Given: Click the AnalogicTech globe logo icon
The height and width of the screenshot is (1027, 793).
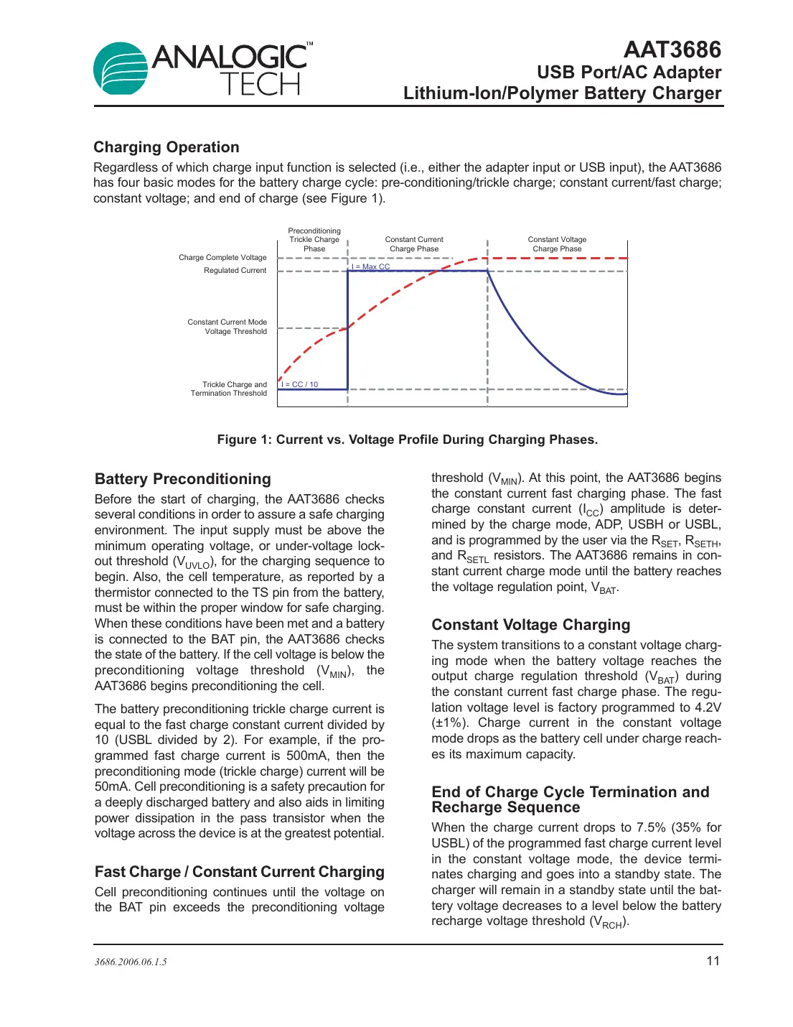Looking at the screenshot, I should [121, 68].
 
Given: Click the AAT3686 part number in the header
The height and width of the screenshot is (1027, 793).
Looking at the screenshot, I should [672, 50].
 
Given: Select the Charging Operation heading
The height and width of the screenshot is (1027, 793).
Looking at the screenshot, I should [166, 147].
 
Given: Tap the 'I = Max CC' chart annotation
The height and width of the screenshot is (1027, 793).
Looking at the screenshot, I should [371, 266].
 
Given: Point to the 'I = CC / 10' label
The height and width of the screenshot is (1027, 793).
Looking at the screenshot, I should [300, 384].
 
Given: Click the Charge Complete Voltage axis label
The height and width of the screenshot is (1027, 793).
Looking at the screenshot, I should [222, 257].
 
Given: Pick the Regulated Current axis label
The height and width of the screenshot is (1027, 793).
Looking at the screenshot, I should [235, 271].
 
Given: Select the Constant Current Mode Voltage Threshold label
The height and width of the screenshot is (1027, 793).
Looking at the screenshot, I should [227, 327].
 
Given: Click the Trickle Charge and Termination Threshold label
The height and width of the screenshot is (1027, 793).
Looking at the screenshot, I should [229, 389].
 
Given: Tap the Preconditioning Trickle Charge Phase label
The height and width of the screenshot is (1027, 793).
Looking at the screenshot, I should [314, 240].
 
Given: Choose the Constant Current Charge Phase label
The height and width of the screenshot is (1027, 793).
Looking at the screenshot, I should [414, 244].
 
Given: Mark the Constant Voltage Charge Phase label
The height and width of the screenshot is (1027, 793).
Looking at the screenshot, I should [557, 244].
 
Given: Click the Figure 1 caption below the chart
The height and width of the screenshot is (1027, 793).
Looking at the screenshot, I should [407, 440].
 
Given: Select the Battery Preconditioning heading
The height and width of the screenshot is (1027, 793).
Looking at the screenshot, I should [183, 479].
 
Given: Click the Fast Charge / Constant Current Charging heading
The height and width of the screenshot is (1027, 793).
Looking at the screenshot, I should [240, 872].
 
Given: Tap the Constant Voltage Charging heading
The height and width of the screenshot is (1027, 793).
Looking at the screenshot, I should [531, 625].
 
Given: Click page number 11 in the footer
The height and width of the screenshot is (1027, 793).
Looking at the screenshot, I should [713, 961].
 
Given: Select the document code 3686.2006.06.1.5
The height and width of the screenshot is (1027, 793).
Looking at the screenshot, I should [131, 962].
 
